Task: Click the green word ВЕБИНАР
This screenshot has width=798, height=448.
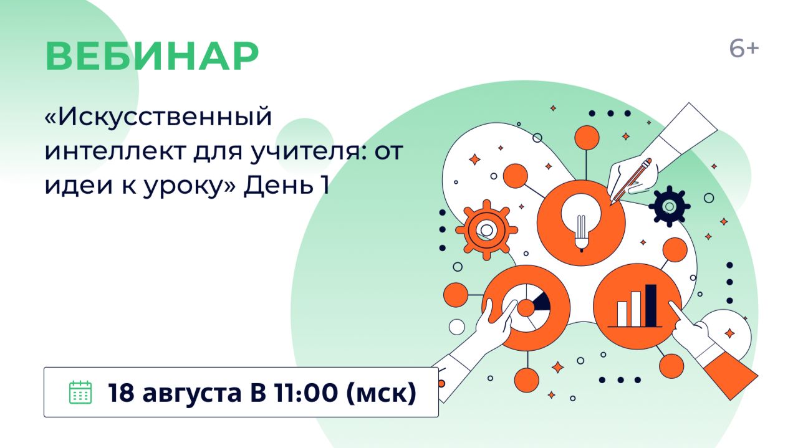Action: pyautogui.click(x=152, y=56)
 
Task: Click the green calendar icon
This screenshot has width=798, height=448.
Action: pyautogui.click(x=80, y=392)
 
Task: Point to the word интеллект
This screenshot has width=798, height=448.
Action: pyautogui.click(x=115, y=151)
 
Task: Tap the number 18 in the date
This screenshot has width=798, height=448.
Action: pyautogui.click(x=121, y=393)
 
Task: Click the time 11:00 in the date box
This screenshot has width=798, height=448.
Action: pyautogui.click(x=305, y=393)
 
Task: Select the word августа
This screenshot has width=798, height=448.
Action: pyautogui.click(x=193, y=394)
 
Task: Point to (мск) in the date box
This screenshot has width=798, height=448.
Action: pyautogui.click(x=381, y=393)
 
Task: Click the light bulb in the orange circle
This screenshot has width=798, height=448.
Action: pyautogui.click(x=581, y=221)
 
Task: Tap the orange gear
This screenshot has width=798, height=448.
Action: pyautogui.click(x=486, y=230)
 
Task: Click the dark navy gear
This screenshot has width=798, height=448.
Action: pyautogui.click(x=670, y=206)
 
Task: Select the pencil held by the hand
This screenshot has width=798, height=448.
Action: pyautogui.click(x=630, y=181)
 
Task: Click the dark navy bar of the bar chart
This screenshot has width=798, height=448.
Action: pyautogui.click(x=651, y=305)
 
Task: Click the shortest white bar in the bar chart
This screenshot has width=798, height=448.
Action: pyautogui.click(x=622, y=314)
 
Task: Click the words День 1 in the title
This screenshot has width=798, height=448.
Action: pyautogui.click(x=286, y=185)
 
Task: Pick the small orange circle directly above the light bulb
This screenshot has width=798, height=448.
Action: pyautogui.click(x=587, y=138)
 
